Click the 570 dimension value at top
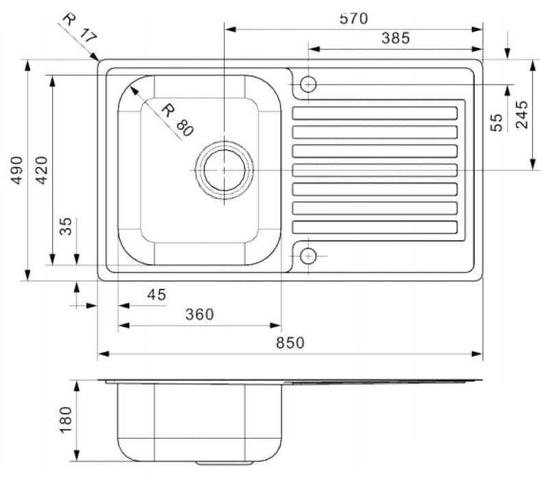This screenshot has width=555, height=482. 354,18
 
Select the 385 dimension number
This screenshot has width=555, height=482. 395,38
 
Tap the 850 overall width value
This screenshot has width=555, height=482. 290,343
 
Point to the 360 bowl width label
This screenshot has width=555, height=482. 199,314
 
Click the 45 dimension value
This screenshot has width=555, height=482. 156,294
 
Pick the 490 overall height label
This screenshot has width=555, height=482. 16,170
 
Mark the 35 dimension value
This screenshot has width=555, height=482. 66,227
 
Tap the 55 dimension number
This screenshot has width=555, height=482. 497,122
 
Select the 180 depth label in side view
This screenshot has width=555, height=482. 66,419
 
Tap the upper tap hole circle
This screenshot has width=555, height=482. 308,84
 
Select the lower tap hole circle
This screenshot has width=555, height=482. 308,255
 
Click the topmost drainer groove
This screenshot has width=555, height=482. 375,113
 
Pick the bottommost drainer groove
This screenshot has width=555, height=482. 375,227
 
